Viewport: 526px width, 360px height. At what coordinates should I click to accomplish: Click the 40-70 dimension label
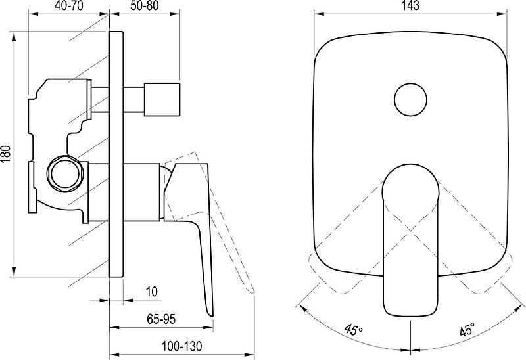click(x=68, y=6)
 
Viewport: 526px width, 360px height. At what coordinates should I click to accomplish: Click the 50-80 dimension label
click(x=144, y=6)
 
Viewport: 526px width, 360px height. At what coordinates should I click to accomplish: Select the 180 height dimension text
click(x=7, y=154)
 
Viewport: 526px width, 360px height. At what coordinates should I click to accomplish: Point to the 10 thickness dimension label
click(x=152, y=292)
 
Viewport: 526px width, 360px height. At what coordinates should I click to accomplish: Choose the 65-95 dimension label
click(x=161, y=319)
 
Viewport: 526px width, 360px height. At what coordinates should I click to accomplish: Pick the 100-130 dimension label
click(x=182, y=346)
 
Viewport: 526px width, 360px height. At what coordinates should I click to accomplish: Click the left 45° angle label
click(x=353, y=329)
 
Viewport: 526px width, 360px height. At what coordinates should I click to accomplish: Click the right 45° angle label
click(x=467, y=329)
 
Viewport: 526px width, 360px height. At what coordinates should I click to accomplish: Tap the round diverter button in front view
click(x=410, y=100)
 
